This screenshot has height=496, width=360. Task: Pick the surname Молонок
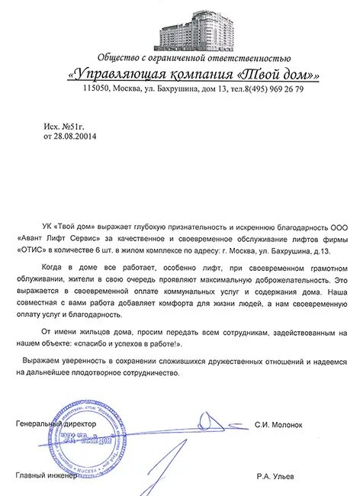pos(291,424)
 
